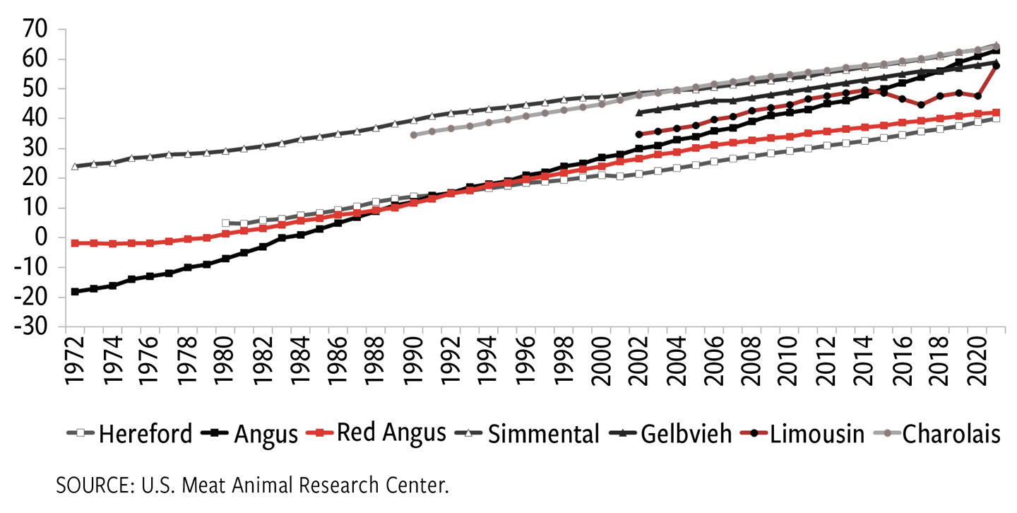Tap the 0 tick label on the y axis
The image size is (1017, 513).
[42, 238]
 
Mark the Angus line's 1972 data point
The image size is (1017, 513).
[75, 291]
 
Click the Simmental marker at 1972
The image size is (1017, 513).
[75, 167]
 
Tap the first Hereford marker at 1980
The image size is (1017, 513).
[225, 223]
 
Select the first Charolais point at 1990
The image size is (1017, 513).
[414, 135]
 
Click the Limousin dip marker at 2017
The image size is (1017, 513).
[922, 105]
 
